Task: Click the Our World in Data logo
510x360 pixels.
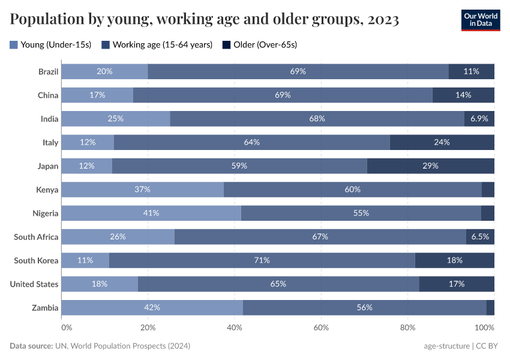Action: [x=480, y=19]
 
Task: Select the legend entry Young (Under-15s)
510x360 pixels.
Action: [x=50, y=44]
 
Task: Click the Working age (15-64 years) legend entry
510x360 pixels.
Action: [x=157, y=44]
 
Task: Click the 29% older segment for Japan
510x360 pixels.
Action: [x=430, y=166]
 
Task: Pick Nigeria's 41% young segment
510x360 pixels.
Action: [x=151, y=213]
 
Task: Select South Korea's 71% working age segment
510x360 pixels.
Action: [x=262, y=260]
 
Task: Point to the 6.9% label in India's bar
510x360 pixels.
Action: [x=479, y=119]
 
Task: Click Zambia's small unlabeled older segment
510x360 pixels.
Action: [x=490, y=307]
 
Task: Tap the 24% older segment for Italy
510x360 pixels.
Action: [x=442, y=142]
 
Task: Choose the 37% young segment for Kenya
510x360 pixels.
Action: [x=142, y=190]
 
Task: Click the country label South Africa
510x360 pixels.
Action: [x=36, y=237]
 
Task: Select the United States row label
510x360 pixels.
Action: [x=34, y=284]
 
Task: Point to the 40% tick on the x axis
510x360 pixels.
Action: [x=235, y=328]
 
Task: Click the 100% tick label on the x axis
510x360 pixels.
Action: [x=484, y=328]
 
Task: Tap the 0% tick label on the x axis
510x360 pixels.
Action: [x=66, y=328]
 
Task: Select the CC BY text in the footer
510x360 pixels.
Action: [x=488, y=346]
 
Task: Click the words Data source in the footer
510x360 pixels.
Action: [x=30, y=346]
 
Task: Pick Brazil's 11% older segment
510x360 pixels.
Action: [x=471, y=71]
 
